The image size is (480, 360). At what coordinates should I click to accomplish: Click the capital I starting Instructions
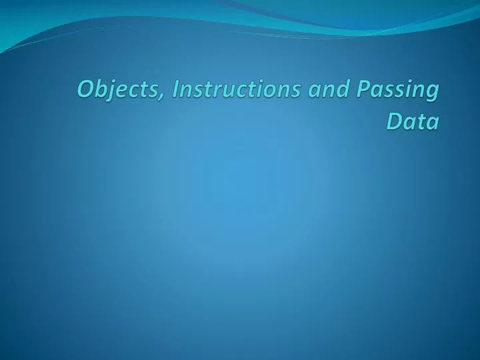(175, 89)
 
